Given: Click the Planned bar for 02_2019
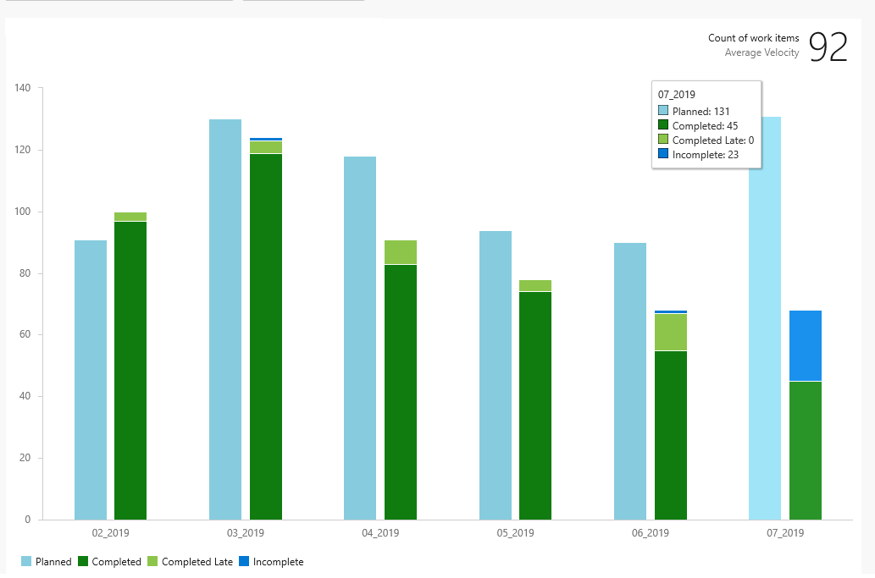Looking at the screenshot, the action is pos(91,380).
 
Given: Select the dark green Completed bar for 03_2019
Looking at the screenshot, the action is pos(266,337).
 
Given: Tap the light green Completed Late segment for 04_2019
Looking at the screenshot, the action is pos(401,252).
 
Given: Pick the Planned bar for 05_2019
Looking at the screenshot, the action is pos(496,375).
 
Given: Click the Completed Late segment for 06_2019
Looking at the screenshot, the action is pos(671,333).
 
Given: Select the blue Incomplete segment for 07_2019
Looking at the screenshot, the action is pos(806,345).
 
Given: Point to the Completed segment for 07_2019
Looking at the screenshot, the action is pos(806,451).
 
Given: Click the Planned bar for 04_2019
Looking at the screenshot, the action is pos(360,339).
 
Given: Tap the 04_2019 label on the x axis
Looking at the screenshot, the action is pos(380,533).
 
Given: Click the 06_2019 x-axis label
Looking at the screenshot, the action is pos(651,533).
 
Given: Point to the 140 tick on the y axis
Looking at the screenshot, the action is pos(23,88).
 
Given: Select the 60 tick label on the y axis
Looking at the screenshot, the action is pos(25,334).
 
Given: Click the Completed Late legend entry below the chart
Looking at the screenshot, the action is pos(191,562).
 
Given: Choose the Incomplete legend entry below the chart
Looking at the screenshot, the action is pos(271,562).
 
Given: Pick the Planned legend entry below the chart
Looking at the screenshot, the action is pos(47,562).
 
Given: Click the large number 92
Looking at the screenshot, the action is pos(828,47).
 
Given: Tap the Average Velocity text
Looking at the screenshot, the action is pos(761,52).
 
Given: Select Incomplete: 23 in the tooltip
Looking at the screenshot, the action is pos(698,154).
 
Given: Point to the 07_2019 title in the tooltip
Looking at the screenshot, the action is pos(676,95).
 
